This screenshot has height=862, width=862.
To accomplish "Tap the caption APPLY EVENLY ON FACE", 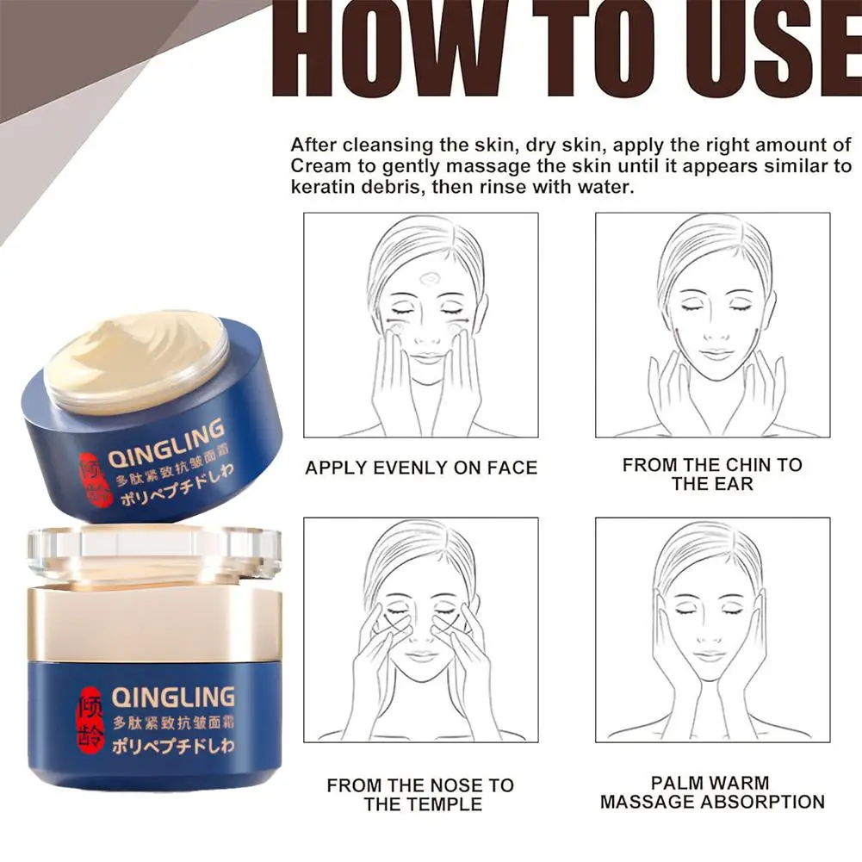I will (421, 468).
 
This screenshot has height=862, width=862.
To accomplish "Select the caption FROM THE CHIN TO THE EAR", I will (712, 474).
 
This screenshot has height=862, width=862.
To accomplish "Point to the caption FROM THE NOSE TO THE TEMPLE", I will (421, 794).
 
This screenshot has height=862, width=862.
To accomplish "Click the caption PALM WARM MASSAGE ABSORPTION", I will (712, 792).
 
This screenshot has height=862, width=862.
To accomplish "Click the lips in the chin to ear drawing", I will (712, 354).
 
